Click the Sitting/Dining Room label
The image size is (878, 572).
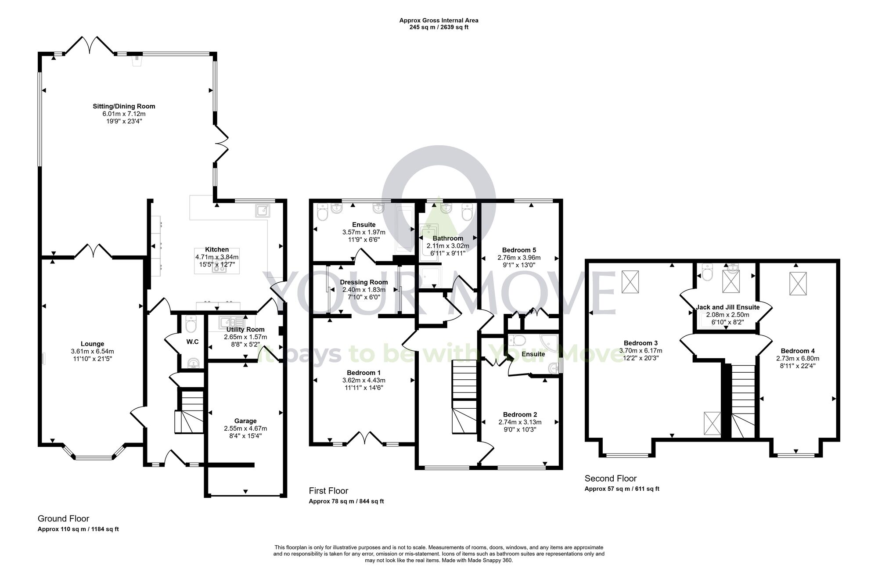click(x=124, y=106)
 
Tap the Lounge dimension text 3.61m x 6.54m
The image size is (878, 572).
click(x=92, y=352)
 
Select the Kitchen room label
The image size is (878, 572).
click(x=217, y=249)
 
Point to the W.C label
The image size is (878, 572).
click(x=192, y=342)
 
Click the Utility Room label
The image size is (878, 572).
click(x=245, y=329)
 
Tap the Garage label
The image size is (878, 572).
click(x=245, y=421)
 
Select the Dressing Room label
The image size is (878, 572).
click(x=364, y=282)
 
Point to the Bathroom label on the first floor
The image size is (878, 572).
click(x=448, y=238)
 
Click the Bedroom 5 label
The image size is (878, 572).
click(x=519, y=250)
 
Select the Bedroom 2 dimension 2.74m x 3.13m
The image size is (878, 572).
click(x=520, y=422)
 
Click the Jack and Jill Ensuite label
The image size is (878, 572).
click(x=727, y=307)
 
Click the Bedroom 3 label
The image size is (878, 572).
click(x=641, y=343)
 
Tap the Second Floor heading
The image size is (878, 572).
click(x=610, y=478)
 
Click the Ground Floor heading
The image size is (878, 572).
click(x=63, y=518)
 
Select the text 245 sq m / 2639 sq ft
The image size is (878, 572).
click(x=439, y=27)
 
